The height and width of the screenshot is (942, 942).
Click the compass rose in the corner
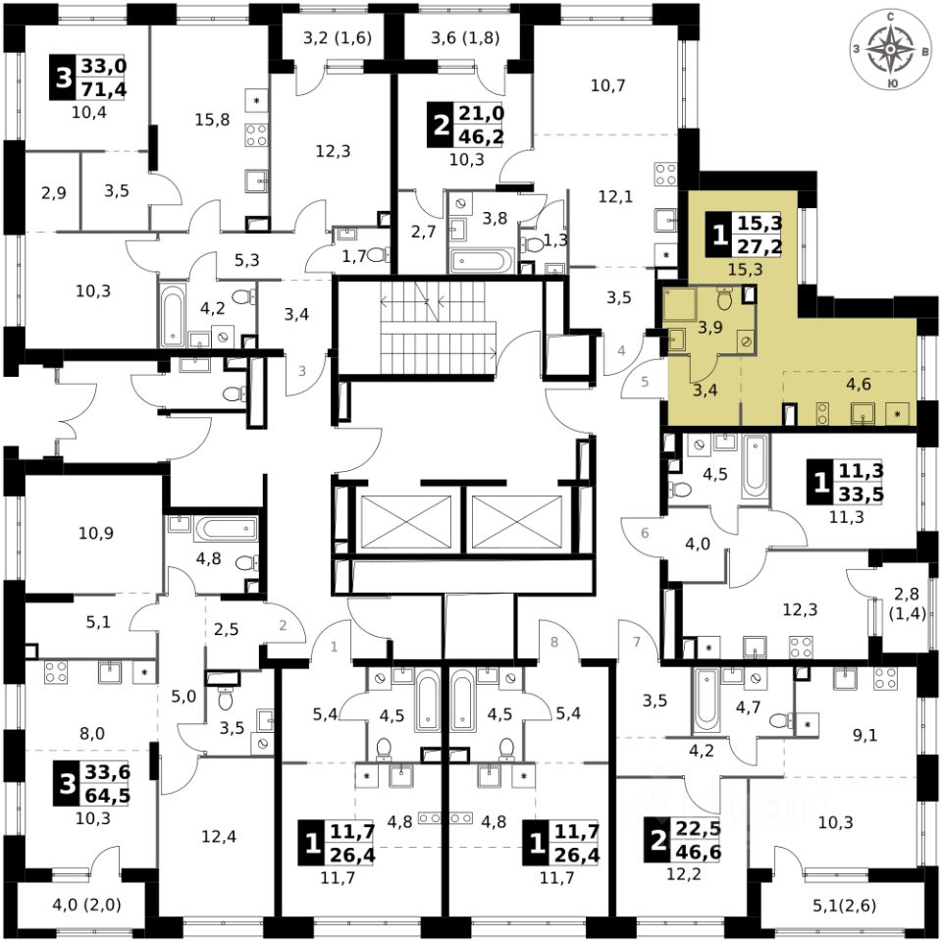click(x=890, y=48)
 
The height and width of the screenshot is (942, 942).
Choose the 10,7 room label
click(x=608, y=85)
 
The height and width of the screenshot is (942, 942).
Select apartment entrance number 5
click(x=645, y=383)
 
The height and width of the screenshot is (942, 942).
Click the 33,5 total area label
click(x=861, y=494)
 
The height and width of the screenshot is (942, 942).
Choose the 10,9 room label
click(x=96, y=535)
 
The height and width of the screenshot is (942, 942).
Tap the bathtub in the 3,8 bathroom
click(x=480, y=261)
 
